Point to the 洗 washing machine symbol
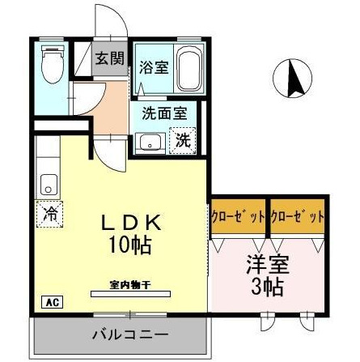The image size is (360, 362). (184, 139)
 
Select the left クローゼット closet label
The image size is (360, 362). (239, 217)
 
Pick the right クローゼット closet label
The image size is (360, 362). (298, 217)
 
